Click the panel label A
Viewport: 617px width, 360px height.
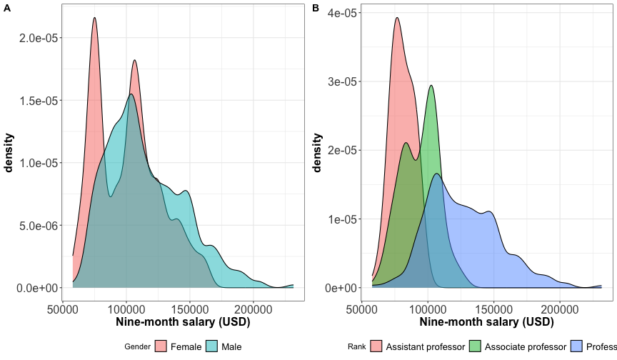[x=6, y=8]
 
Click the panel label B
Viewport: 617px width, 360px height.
[x=316, y=8]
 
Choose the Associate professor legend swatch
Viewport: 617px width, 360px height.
[x=475, y=346]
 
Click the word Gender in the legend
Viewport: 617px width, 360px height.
[x=137, y=346]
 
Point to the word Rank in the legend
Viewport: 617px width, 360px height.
[x=357, y=346]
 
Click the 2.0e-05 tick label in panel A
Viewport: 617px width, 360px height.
[x=39, y=37]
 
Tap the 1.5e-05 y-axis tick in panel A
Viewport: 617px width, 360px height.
[x=39, y=100]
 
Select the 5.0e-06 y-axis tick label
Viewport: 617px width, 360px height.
[x=39, y=226]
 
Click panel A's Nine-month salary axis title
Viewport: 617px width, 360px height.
[x=183, y=322]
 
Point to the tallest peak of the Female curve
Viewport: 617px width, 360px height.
[x=94, y=19]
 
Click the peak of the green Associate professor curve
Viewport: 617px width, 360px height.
[x=431, y=86]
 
